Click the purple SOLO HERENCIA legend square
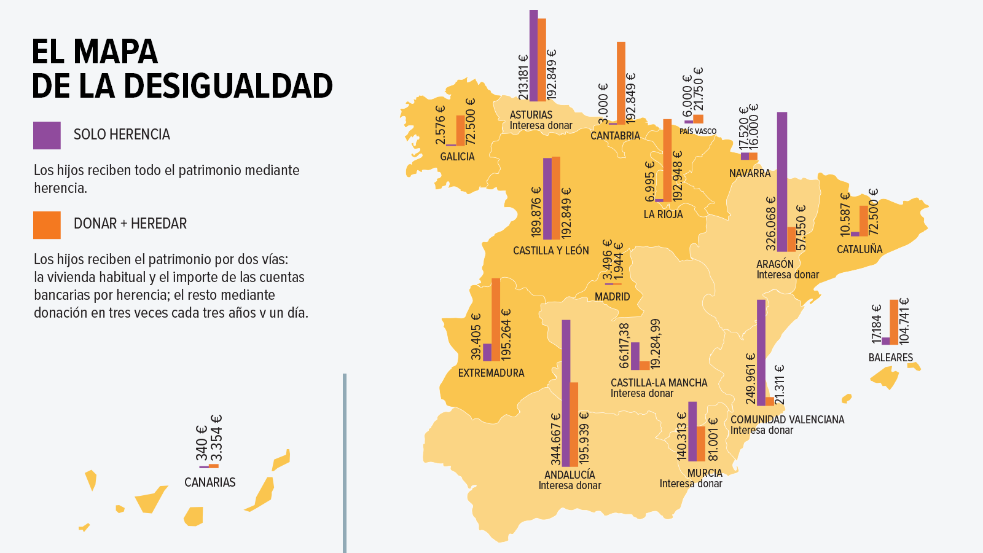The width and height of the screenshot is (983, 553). [x=47, y=135]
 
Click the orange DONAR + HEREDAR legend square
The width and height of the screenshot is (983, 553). [x=47, y=225]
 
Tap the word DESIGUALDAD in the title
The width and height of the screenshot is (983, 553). [x=228, y=86]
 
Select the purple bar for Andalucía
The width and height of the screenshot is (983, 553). [x=566, y=393]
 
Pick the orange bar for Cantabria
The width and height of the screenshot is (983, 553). [x=621, y=83]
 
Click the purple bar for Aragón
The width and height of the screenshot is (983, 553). [x=782, y=181]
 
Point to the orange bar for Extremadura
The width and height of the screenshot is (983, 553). [x=496, y=320]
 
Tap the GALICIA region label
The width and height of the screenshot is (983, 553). [x=457, y=157]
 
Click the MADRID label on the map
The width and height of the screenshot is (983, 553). [x=612, y=297]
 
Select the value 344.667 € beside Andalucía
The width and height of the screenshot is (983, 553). [x=555, y=439]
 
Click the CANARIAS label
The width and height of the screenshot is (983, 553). [x=210, y=482]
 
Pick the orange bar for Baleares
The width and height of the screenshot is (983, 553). [x=894, y=322]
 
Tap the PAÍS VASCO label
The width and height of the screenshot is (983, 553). [x=698, y=131]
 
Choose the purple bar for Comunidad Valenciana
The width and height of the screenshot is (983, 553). [x=761, y=353]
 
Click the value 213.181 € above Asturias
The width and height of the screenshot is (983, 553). [x=523, y=77]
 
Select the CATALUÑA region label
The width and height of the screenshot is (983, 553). [x=860, y=249]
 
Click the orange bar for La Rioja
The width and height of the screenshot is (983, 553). [x=667, y=160]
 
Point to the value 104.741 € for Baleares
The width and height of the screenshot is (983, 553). [x=904, y=321]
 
